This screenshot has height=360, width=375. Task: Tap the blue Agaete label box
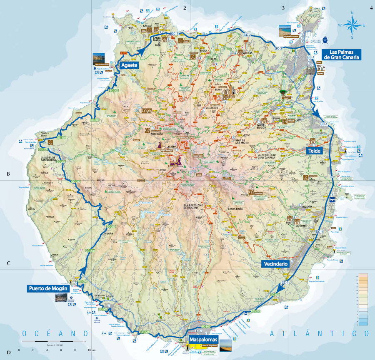pos(129,65)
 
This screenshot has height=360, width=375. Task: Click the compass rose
pos(352,25)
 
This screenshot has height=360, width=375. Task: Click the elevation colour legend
pos(363,300)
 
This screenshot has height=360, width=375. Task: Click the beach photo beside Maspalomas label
pos(228,344)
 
